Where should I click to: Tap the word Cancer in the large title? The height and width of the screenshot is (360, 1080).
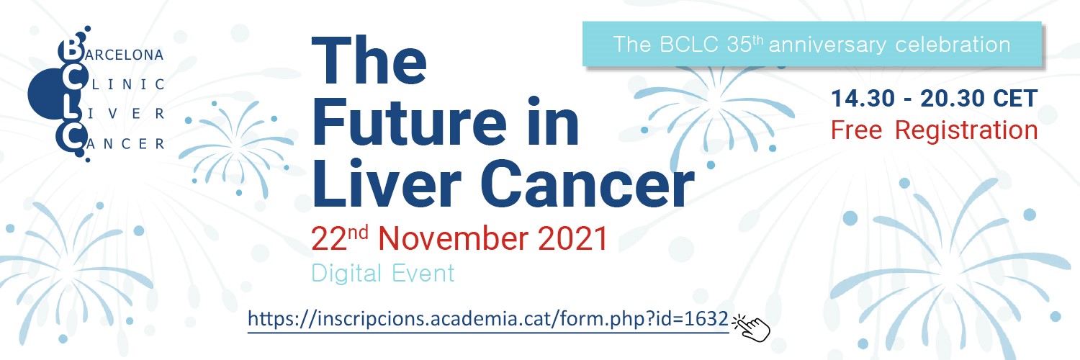click(x=588, y=184)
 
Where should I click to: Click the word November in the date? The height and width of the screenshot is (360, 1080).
click(x=453, y=238)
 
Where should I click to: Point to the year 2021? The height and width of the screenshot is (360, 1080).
click(x=572, y=238)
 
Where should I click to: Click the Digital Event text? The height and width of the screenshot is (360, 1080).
click(x=383, y=274)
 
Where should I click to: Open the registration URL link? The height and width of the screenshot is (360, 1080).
click(x=488, y=319)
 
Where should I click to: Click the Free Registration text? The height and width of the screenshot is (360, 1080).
click(x=934, y=130)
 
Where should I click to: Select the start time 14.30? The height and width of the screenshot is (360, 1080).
click(x=863, y=99)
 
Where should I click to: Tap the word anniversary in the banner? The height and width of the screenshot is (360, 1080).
click(x=827, y=45)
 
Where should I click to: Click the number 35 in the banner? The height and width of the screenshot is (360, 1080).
click(x=739, y=45)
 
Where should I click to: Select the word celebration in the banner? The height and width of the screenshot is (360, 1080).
click(x=953, y=45)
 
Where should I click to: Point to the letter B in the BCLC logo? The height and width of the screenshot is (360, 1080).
click(x=71, y=50)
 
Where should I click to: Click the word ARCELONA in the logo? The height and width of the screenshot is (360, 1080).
click(x=125, y=55)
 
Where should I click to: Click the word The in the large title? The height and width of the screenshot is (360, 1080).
click(x=369, y=60)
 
